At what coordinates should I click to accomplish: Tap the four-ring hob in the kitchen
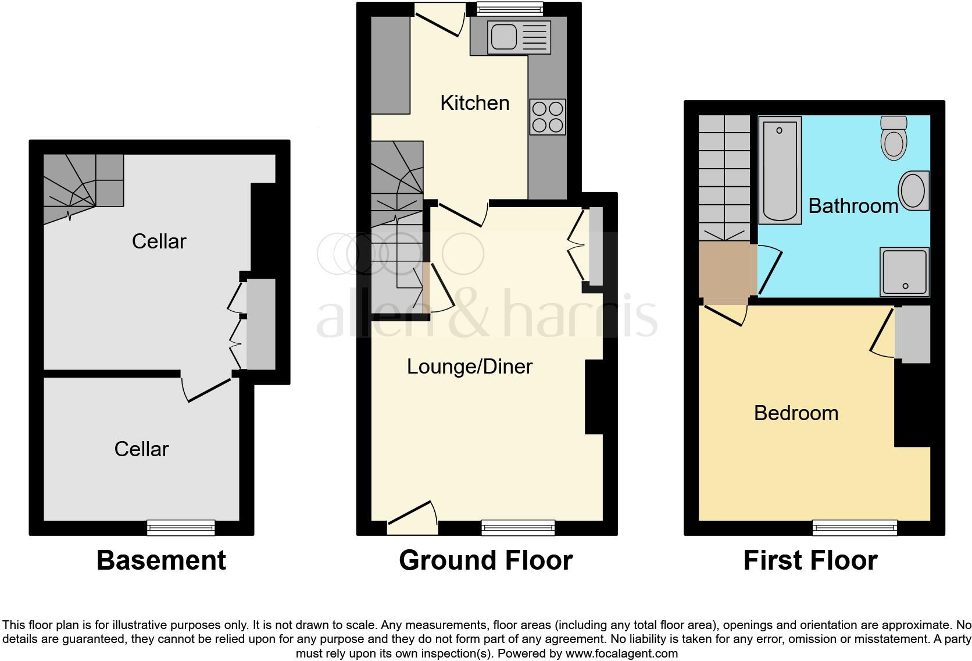548,117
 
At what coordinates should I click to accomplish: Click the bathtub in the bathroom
780,169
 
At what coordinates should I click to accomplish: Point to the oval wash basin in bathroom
913,190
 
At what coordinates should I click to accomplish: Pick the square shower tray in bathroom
904,272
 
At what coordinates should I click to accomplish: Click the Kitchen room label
474,103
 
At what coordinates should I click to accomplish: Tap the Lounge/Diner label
469,367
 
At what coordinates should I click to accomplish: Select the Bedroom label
796,413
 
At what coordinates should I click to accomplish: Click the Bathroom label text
853,206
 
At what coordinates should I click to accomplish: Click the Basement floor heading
161,560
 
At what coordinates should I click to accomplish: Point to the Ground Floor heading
485,560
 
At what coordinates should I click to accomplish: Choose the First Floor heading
810,560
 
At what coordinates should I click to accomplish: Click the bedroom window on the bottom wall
855,528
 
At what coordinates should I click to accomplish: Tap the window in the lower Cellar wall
181,528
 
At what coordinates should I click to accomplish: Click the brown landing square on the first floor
724,272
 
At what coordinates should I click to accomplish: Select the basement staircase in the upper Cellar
83,181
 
